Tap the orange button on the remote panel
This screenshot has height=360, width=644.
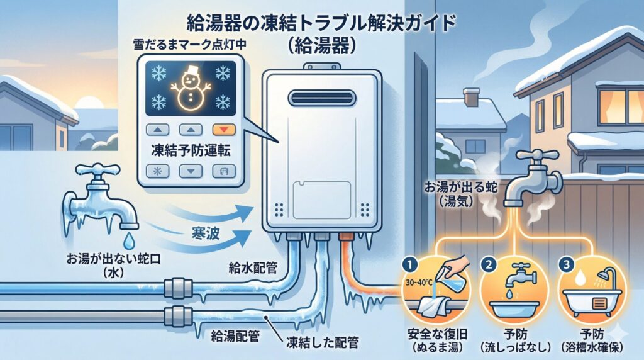223,130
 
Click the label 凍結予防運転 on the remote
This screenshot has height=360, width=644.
188,151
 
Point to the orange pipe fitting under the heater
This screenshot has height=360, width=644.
343,239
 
